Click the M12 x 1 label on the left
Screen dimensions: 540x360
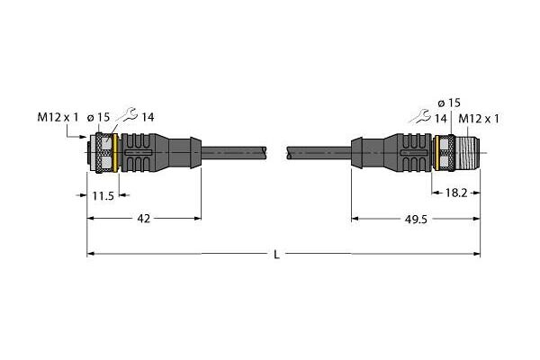tap(58, 118)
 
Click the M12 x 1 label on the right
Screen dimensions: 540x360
tap(479, 119)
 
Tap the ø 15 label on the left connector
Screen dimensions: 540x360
tap(98, 118)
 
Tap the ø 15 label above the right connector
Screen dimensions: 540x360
tap(449, 103)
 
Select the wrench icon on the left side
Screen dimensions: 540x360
tap(127, 114)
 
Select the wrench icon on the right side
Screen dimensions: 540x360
tap(419, 116)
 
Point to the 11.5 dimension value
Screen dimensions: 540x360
tap(103, 196)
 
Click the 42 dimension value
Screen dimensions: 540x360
tap(144, 219)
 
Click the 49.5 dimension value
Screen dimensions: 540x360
tap(416, 219)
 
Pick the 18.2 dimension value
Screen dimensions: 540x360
tap(456, 193)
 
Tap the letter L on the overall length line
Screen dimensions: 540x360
tap(276, 255)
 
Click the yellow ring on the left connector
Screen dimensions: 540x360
tap(115, 153)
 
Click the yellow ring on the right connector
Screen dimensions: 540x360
tap(437, 153)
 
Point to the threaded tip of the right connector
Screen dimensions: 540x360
tap(467, 153)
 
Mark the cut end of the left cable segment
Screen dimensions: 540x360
tap(265, 153)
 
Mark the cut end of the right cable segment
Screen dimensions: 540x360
tap(289, 153)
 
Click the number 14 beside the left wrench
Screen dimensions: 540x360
tap(148, 118)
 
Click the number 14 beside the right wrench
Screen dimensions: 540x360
tap(440, 119)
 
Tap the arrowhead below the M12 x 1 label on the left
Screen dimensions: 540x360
tap(84, 137)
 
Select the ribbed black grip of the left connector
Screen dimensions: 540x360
tap(138, 153)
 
